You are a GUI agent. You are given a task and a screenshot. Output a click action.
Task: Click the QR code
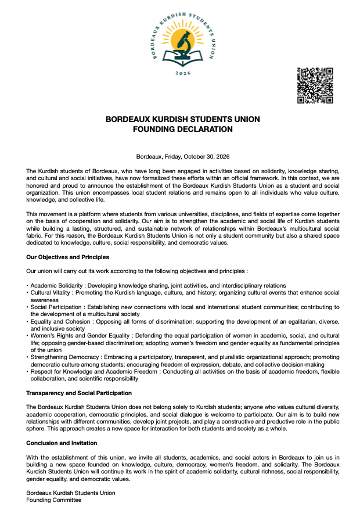(315, 85)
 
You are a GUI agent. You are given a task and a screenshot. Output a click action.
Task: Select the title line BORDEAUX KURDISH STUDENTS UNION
(183, 119)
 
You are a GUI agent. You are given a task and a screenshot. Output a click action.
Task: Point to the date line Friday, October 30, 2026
(183, 156)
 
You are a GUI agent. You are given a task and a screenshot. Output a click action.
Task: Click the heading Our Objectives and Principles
(67, 257)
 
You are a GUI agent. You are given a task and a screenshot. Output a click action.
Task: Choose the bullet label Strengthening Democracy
(63, 357)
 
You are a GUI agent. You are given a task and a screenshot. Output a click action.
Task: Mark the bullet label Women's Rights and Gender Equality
(81, 336)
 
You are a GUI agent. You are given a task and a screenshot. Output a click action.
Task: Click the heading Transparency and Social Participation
(79, 393)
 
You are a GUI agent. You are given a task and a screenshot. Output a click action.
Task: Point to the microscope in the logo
(183, 44)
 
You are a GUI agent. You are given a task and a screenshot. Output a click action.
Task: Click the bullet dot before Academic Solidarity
(27, 285)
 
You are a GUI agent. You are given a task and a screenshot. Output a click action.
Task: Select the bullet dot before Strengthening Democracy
(27, 357)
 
